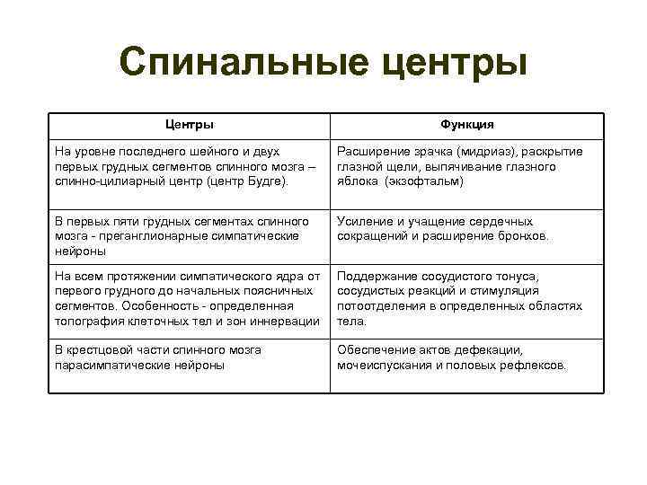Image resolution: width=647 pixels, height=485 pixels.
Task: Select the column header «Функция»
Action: coord(466,125)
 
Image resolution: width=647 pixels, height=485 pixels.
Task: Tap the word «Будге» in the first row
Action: coord(264,181)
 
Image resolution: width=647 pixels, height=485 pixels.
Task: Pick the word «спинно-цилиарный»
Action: coord(106,181)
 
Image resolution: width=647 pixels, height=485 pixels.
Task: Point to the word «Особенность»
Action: coord(154,305)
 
